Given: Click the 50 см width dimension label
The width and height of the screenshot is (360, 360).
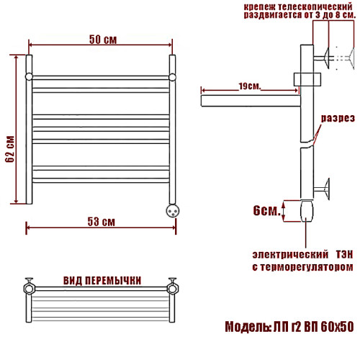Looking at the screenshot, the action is [103, 40].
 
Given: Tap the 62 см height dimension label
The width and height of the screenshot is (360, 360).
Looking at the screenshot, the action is [10, 149].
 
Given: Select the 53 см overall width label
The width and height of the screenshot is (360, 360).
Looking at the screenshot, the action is [101, 222].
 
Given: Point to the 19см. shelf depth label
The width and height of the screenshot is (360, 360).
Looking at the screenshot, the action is [250, 86].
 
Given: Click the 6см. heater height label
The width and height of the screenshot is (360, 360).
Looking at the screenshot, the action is [266, 210].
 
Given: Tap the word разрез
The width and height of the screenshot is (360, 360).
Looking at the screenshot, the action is [338, 118].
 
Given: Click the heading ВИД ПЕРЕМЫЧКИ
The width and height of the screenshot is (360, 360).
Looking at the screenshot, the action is [102, 280].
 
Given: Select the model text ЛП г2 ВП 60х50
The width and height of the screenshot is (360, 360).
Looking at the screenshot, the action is [313, 326].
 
